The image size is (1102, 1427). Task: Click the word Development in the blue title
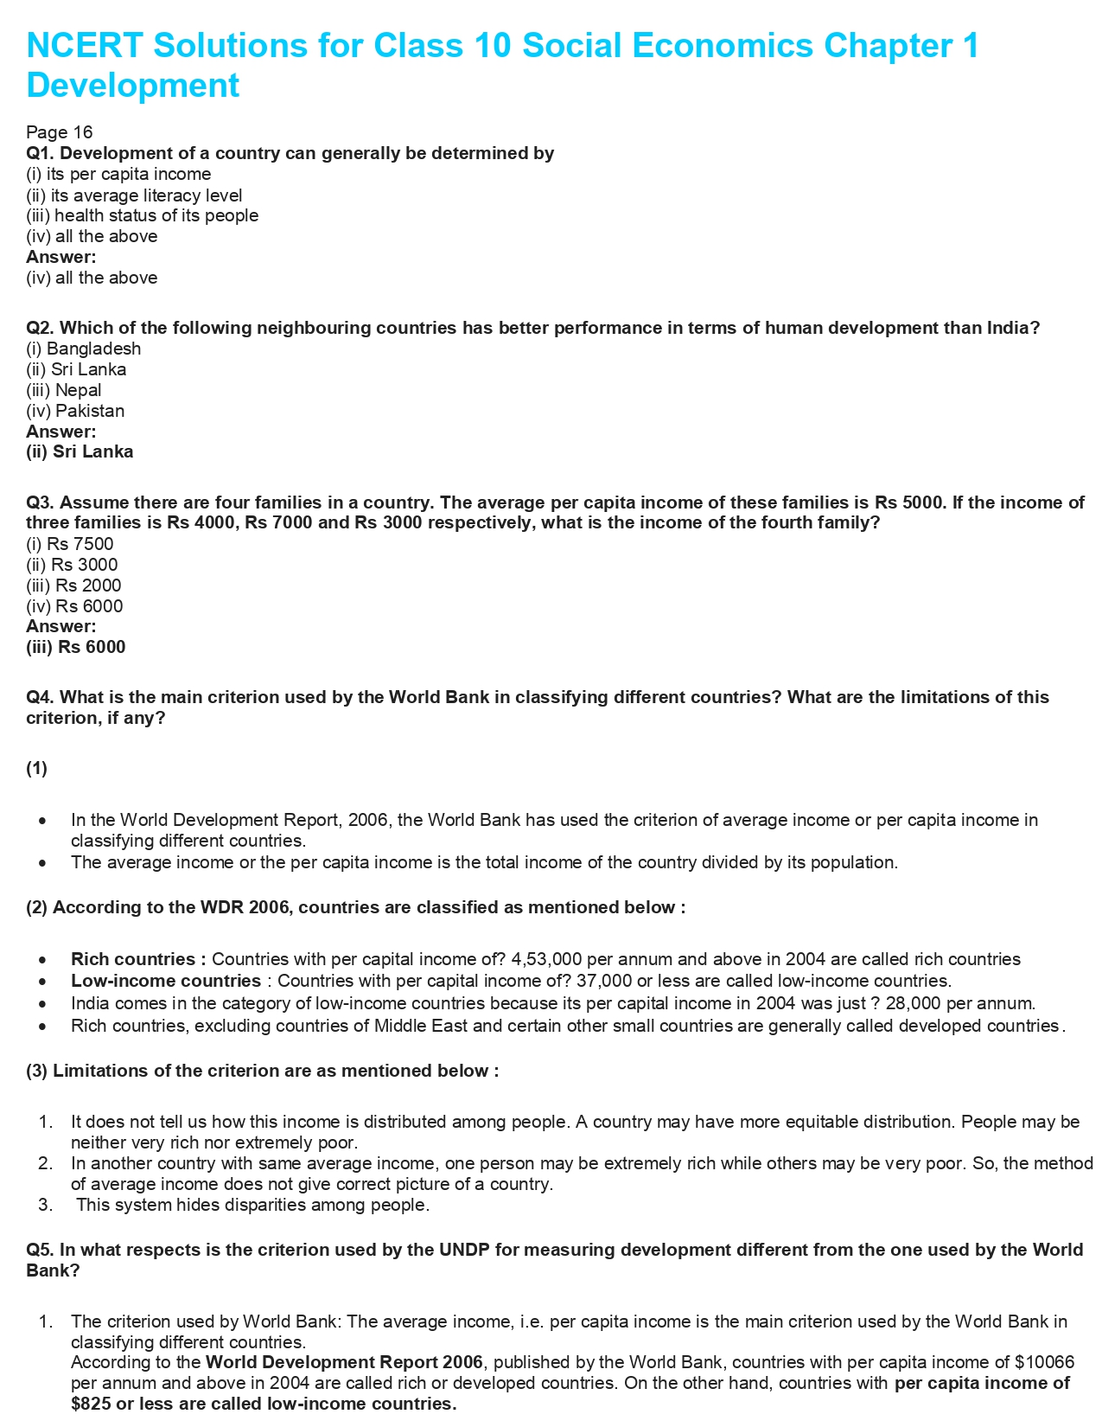tap(133, 86)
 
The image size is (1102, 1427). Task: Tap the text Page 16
tap(59, 132)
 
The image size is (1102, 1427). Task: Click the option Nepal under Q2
tap(79, 390)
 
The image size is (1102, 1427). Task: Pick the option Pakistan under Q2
tap(90, 411)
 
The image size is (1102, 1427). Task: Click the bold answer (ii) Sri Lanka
tap(80, 451)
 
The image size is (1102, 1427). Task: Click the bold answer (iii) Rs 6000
tap(76, 647)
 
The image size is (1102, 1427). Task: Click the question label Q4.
tap(41, 697)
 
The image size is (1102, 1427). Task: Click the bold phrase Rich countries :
tap(138, 959)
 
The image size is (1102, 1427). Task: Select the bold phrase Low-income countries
tap(166, 981)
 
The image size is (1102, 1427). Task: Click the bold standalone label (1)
tap(36, 769)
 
